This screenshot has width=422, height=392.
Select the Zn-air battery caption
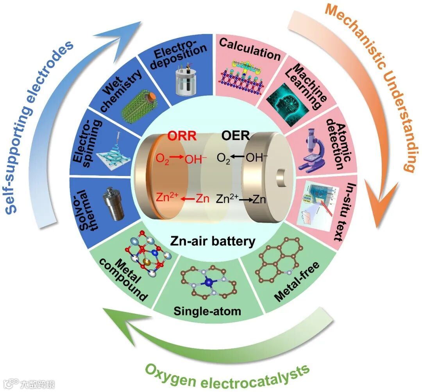click(x=212, y=241)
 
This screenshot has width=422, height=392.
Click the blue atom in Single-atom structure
click(x=210, y=282)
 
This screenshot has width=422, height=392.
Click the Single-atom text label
click(x=207, y=311)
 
